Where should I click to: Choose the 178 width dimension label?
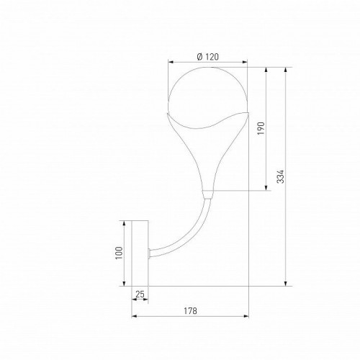click(x=191, y=311)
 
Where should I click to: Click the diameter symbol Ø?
click(x=199, y=57)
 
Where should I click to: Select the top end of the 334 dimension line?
click(x=287, y=68)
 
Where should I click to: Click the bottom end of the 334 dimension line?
click(x=287, y=285)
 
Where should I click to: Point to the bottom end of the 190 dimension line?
click(x=268, y=190)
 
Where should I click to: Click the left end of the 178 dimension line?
click(x=132, y=317)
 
